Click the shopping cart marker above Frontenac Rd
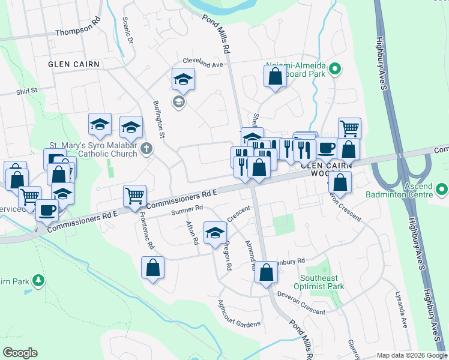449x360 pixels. click(134, 195)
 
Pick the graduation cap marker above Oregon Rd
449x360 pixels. click(215, 232)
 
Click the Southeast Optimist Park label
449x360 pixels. click(323, 283)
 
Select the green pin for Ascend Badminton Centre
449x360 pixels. click(442, 190)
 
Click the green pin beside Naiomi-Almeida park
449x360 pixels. click(335, 70)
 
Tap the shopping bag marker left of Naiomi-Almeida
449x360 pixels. click(274, 77)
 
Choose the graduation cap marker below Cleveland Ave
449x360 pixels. click(184, 79)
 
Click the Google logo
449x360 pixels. click(20, 352)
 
